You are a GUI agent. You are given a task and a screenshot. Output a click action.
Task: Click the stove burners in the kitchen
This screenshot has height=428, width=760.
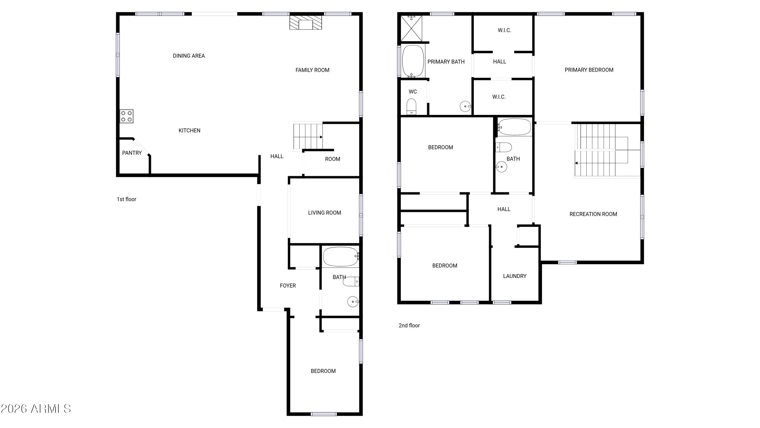tap(127, 116)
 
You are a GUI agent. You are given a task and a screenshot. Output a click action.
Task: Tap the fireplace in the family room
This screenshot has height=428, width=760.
tap(305, 22)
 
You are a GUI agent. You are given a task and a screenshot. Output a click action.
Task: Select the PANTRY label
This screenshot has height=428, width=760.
tap(132, 153)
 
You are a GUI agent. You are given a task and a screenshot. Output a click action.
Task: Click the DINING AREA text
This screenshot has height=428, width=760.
tap(189, 56)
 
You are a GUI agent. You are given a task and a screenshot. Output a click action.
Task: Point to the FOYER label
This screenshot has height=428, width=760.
tap(288, 286)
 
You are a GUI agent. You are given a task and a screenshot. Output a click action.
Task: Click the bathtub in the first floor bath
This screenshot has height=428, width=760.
tap(341, 257)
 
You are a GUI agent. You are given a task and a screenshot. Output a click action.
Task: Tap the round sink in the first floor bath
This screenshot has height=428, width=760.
tap(353, 302)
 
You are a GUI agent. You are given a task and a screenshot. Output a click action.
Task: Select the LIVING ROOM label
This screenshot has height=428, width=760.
tap(325, 213)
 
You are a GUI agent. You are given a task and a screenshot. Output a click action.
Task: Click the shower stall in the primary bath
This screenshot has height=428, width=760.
tap(411, 28)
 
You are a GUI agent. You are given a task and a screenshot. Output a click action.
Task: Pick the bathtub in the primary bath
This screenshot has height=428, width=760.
tap(413, 61)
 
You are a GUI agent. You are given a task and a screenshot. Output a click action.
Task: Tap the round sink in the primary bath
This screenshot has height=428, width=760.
tap(465, 106)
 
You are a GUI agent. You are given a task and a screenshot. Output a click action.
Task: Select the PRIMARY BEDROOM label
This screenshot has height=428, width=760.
tap(589, 70)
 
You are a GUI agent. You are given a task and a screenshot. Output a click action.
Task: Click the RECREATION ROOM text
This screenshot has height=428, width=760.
tap(593, 214)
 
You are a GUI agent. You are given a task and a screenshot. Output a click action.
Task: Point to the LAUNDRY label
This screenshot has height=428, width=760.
tap(515, 276)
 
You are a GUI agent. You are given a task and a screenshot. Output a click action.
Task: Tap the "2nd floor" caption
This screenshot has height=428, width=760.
tap(409, 326)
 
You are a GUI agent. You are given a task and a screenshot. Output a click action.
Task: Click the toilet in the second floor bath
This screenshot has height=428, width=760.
tap(504, 147)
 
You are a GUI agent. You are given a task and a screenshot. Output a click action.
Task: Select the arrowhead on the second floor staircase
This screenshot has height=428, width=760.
tap(576, 163)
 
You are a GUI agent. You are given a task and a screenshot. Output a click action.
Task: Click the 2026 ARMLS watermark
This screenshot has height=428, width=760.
tap(36, 409)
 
